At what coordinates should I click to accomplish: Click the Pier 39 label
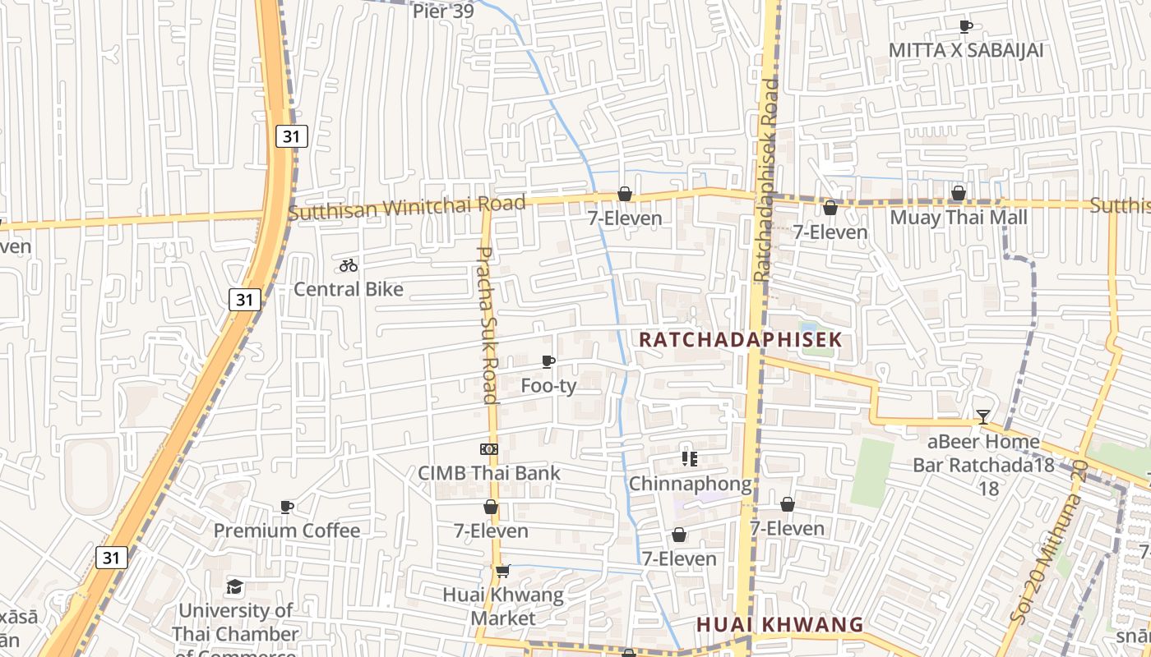(442, 11)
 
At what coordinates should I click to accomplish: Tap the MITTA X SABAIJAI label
(966, 50)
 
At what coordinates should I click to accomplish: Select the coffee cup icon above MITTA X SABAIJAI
(966, 26)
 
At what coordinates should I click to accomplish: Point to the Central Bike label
(349, 289)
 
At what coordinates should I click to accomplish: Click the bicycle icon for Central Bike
(349, 265)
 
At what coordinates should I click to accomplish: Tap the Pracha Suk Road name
(488, 325)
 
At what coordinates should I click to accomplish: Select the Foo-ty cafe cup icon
(548, 361)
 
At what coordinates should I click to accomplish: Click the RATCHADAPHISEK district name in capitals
(741, 339)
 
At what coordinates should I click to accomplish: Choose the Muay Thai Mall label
(959, 218)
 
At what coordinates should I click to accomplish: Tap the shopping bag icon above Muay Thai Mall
(958, 194)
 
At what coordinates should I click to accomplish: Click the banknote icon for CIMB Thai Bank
(489, 449)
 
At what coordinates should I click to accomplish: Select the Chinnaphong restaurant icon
(690, 459)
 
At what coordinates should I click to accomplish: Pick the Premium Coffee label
(287, 531)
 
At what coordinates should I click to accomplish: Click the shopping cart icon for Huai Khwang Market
(502, 571)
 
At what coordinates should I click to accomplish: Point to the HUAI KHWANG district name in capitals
(780, 625)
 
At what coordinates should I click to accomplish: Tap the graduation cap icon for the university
(235, 586)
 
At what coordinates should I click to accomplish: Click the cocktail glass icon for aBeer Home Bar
(982, 417)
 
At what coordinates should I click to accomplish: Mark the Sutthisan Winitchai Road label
(407, 208)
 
